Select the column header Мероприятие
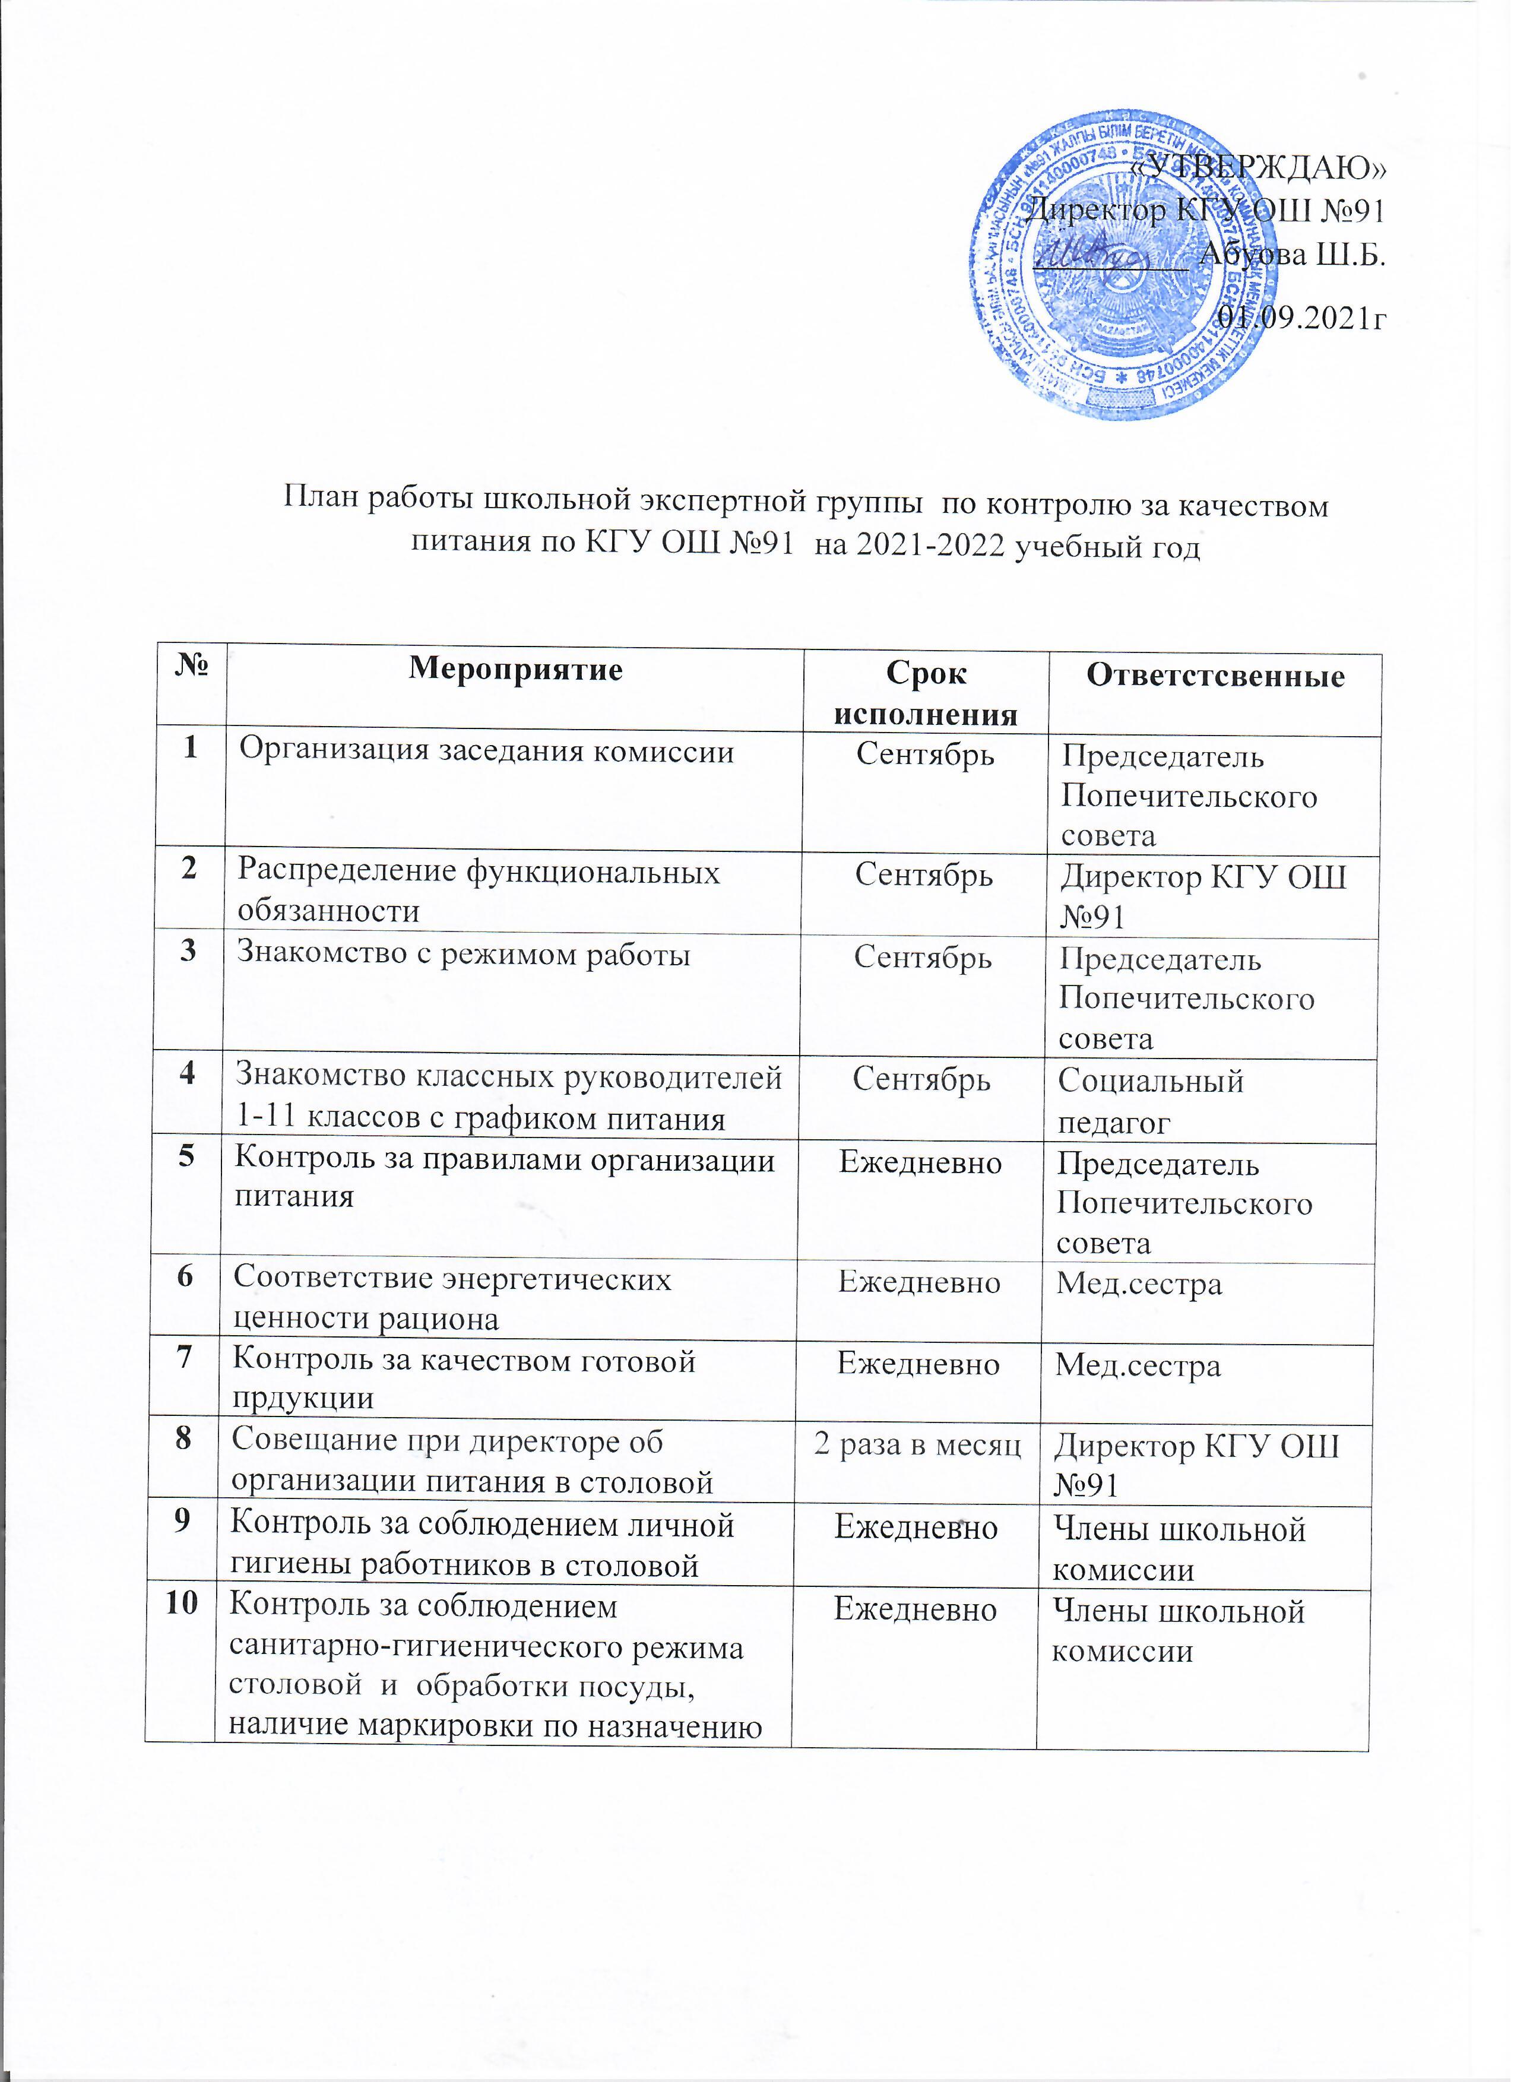click(x=516, y=669)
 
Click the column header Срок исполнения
click(x=926, y=693)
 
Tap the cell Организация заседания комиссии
click(x=487, y=752)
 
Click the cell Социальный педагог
click(x=1151, y=1101)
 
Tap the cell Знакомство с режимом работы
click(x=464, y=955)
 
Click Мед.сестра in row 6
click(x=1139, y=1284)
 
